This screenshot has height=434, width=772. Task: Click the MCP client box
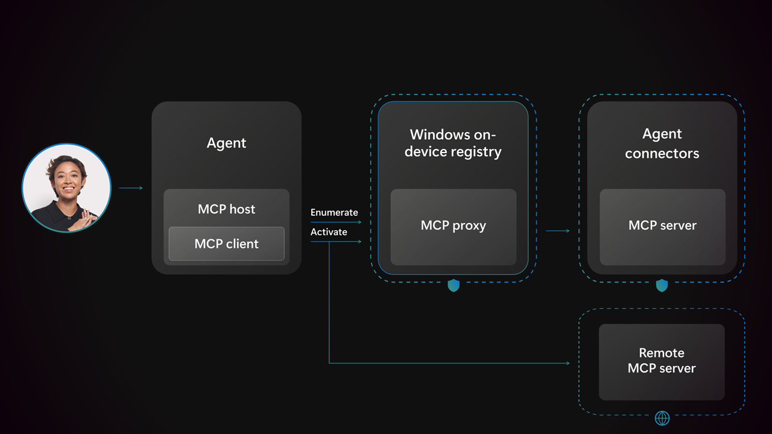(226, 244)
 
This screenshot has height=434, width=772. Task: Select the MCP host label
(226, 209)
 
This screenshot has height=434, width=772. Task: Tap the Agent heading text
(226, 143)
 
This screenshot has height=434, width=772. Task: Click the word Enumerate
(334, 212)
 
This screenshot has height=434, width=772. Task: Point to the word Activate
(329, 232)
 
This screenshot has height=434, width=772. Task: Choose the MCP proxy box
(453, 226)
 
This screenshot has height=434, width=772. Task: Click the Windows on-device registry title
(453, 143)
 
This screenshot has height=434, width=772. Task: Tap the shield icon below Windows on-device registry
(454, 285)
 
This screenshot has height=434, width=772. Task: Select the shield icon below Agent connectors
(662, 285)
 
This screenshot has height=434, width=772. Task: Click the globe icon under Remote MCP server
(662, 418)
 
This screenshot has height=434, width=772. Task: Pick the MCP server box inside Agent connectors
(662, 226)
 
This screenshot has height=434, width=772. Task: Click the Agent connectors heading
(662, 143)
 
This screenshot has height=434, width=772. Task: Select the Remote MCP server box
(662, 362)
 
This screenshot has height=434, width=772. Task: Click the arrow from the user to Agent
(131, 188)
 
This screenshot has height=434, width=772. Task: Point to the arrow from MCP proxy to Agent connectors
(557, 230)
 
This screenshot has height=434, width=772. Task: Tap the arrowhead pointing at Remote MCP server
(567, 363)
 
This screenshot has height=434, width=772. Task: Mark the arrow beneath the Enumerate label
(336, 222)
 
